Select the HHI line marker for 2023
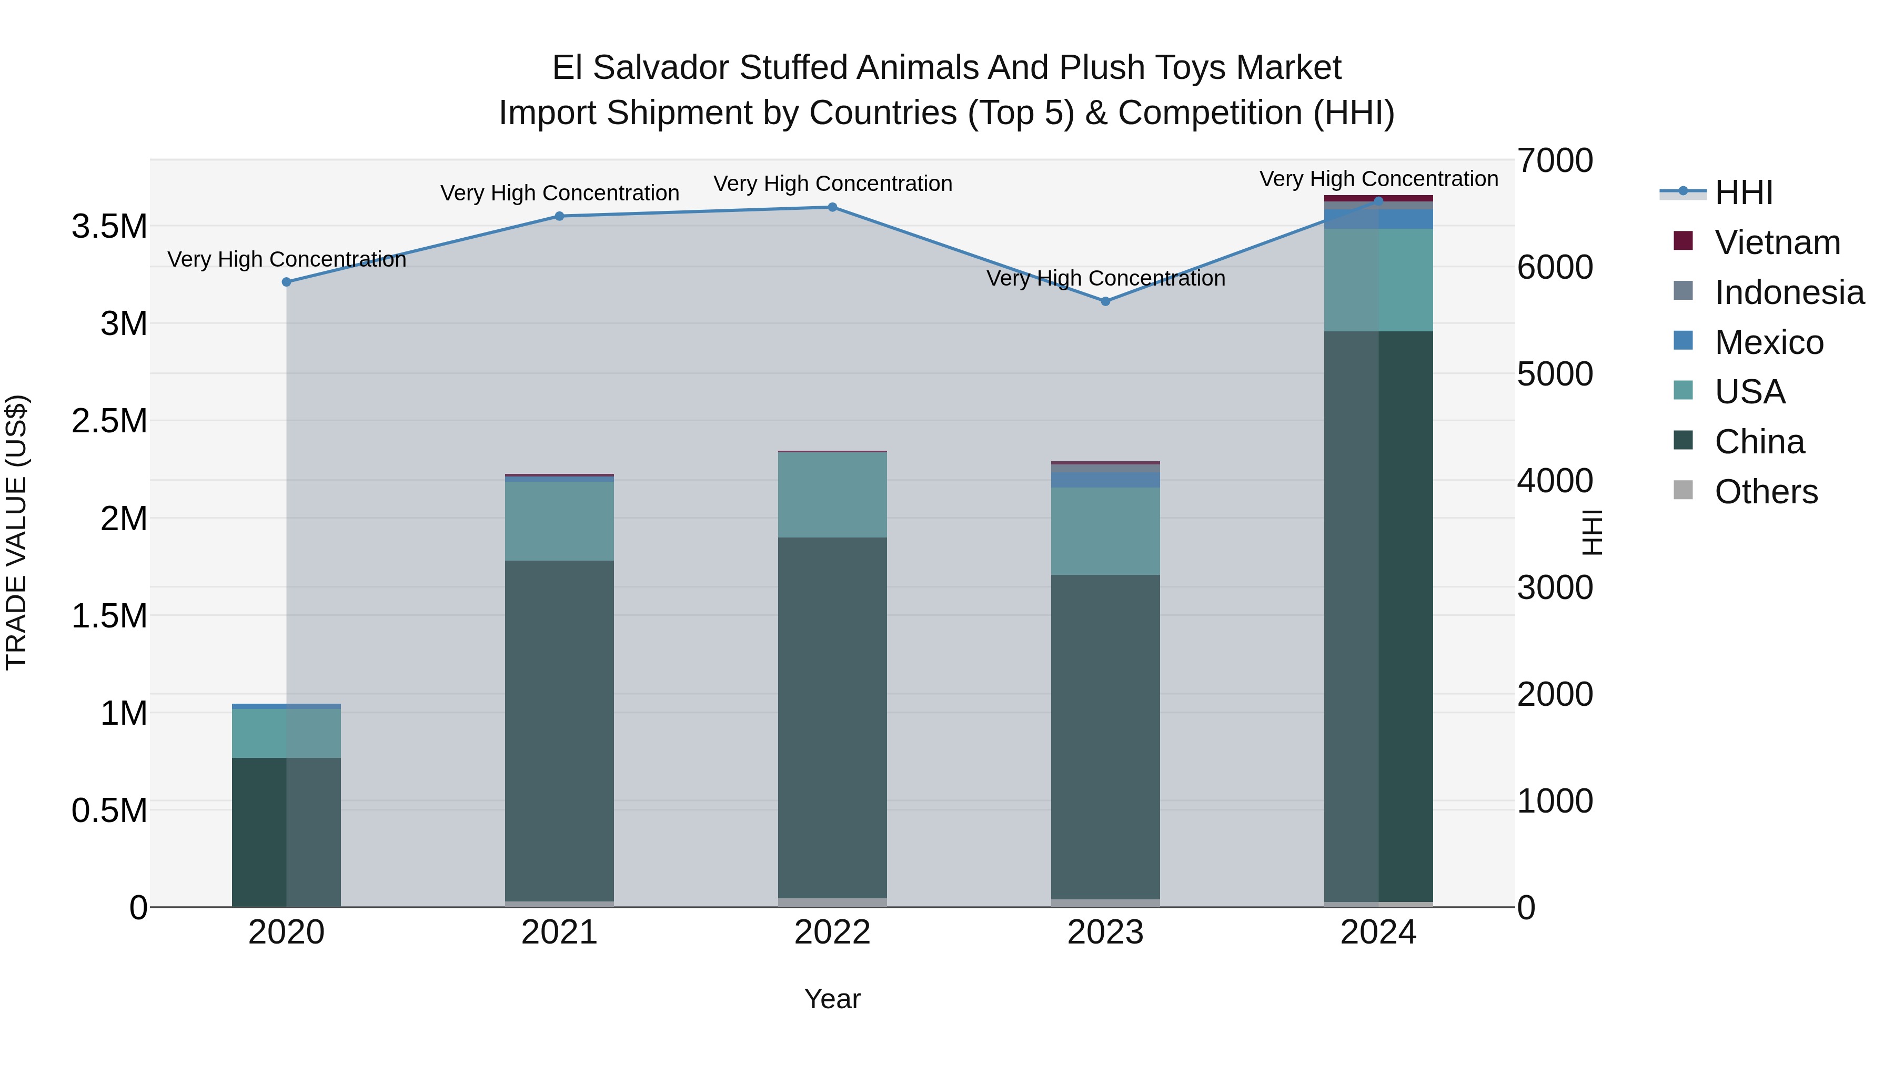coord(1105,301)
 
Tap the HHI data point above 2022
coord(832,207)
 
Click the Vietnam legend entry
coord(1777,242)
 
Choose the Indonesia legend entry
coord(1789,292)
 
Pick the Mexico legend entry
coord(1768,342)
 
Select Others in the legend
coord(1765,492)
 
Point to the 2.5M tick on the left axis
coord(109,421)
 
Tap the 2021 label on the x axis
coord(560,932)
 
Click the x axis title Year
coord(832,999)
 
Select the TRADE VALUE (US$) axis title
coord(16,532)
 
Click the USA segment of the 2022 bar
coord(832,495)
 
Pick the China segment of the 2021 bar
coord(560,731)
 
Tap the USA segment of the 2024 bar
coord(1378,280)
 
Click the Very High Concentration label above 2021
coord(560,194)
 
